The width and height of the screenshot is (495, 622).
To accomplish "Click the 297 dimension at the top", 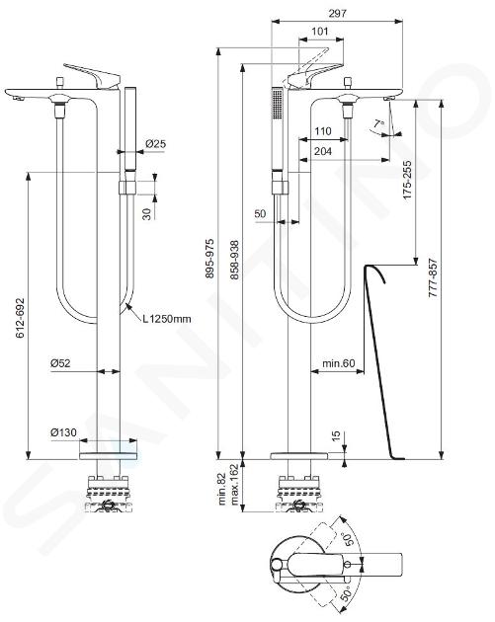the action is tap(337, 13).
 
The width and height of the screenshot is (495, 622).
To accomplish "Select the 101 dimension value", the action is tap(320, 31).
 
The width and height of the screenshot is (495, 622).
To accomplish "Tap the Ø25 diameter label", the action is tap(155, 143).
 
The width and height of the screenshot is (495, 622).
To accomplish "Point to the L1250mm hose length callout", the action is tap(167, 319).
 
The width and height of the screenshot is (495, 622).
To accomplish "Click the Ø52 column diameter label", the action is tap(60, 362).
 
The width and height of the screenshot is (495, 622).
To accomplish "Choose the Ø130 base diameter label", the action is tap(64, 432).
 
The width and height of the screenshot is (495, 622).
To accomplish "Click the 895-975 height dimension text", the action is tap(209, 259).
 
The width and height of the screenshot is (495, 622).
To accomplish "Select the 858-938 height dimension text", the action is tap(234, 260).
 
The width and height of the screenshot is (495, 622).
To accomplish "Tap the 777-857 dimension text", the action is tap(433, 278).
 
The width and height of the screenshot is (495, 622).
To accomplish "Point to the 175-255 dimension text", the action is tap(407, 180).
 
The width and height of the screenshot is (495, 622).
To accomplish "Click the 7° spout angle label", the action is tap(378, 125).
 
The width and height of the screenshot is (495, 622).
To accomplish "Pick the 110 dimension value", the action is tap(323, 131).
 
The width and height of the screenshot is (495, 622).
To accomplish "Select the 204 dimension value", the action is tap(323, 151).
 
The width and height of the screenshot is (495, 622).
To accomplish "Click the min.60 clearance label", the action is tap(338, 363).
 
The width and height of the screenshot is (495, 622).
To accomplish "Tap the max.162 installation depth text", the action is tap(234, 485).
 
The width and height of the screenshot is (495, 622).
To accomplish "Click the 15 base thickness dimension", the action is tap(336, 435).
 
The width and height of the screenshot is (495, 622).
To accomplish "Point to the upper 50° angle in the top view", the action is tap(348, 539).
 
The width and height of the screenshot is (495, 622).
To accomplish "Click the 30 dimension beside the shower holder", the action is tap(147, 214).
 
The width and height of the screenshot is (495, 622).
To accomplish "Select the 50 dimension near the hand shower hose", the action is tap(260, 214).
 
